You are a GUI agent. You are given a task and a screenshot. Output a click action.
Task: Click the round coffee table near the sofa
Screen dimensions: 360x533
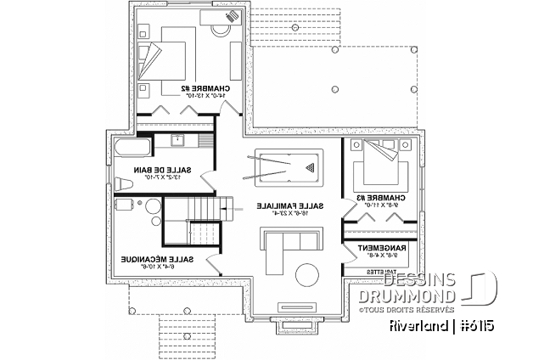coord(306,277)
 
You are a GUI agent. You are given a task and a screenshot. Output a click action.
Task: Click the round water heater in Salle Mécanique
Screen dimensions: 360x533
coord(151,205)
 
